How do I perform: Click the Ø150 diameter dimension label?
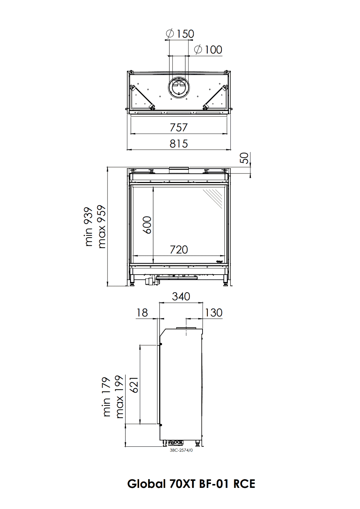[x=180, y=34]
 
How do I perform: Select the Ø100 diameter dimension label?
[x=208, y=50]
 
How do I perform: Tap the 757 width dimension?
[x=179, y=127]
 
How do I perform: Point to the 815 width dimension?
[x=179, y=144]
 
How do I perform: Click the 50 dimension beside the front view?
[x=244, y=158]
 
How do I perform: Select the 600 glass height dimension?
[x=147, y=225]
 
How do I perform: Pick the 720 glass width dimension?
[x=179, y=250]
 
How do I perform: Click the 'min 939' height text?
[x=88, y=227]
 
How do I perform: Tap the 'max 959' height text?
[x=101, y=227]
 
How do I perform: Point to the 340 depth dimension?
[x=181, y=296]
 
